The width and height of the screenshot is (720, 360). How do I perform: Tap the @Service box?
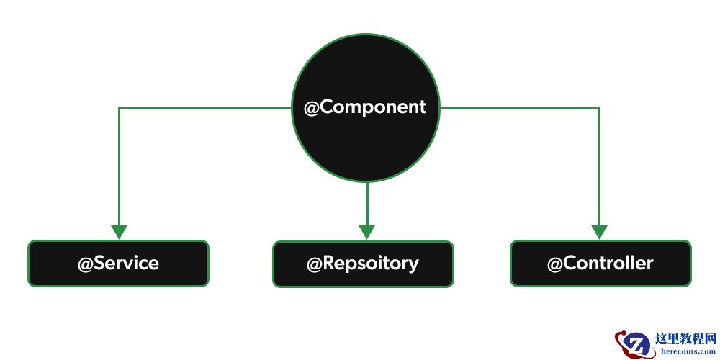[118, 263]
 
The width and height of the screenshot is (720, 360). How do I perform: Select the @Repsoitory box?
[363, 264]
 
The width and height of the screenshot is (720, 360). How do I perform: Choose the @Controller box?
[600, 263]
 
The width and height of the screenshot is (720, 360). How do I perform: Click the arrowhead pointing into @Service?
[119, 233]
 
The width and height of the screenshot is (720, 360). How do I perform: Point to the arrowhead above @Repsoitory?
[367, 233]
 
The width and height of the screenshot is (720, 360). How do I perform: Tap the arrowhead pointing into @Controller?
[599, 233]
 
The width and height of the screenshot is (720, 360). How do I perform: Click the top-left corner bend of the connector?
[119, 109]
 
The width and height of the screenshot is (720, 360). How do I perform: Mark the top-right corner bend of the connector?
[599, 109]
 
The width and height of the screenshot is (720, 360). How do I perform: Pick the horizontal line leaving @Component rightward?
[518, 109]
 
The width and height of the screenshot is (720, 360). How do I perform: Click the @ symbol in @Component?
[311, 108]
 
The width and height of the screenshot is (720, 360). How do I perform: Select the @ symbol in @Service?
[86, 264]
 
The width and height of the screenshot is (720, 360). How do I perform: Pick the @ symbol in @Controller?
[554, 264]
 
